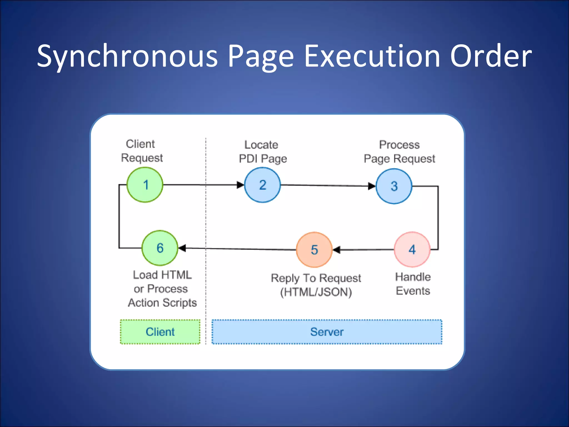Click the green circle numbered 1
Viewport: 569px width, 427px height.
(x=145, y=185)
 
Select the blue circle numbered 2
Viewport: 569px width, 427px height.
(x=263, y=185)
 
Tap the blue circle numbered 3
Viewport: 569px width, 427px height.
(x=394, y=186)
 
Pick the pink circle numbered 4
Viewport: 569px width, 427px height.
(x=412, y=250)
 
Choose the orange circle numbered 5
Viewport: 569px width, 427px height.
(x=314, y=250)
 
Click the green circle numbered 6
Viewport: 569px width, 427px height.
(x=160, y=248)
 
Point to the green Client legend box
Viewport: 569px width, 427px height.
(x=160, y=332)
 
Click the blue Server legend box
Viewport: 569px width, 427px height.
(x=327, y=332)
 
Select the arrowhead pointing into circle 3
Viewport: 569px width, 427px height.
(x=371, y=186)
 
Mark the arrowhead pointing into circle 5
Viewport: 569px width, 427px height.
(x=337, y=250)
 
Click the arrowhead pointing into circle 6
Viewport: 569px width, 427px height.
(x=182, y=248)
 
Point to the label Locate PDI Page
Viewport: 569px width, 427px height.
(x=263, y=152)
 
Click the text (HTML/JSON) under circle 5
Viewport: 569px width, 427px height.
(x=316, y=292)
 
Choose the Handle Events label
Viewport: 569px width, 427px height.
(x=413, y=284)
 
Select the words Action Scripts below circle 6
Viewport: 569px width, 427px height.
(x=162, y=303)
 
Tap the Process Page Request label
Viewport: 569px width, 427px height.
(x=400, y=152)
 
